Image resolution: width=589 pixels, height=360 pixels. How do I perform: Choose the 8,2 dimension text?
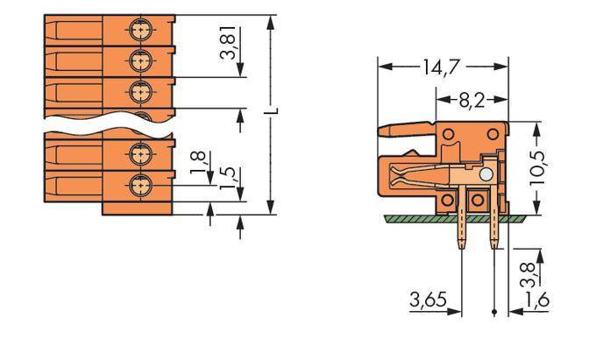[x=472, y=98]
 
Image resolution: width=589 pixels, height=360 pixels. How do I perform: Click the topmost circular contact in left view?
[x=138, y=30]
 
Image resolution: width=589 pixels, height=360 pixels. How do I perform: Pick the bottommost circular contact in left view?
[x=138, y=184]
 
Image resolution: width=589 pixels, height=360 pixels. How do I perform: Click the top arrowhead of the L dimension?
[x=273, y=21]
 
